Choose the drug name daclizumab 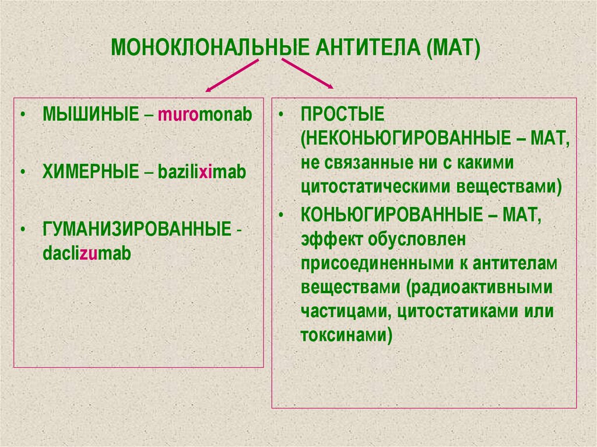(87, 254)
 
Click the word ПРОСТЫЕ (335, 114)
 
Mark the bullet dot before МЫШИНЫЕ (22, 114)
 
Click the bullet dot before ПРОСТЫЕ (280, 114)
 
